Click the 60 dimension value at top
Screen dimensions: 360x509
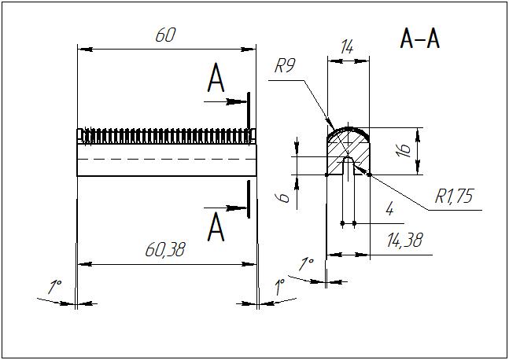[x=164, y=35]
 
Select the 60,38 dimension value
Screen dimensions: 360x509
[x=165, y=250]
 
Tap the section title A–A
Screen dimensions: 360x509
[x=419, y=39]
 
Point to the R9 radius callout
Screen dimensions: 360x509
[x=284, y=67]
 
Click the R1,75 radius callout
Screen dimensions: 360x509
[x=454, y=197]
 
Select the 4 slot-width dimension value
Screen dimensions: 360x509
[x=389, y=209]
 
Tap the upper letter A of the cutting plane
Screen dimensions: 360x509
[x=216, y=79]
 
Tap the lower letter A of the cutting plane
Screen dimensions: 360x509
[x=216, y=228]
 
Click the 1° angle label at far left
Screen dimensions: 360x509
[x=54, y=288]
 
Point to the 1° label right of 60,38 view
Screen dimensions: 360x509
[x=279, y=288]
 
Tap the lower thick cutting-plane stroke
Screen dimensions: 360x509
[x=249, y=200]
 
